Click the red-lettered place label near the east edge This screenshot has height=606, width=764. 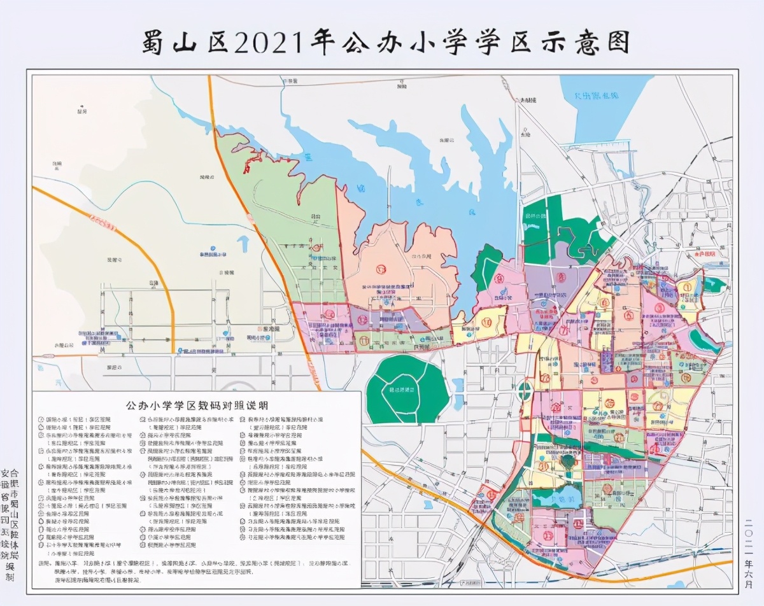pos(700,253)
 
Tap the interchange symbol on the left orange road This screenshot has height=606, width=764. pos(101,220)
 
